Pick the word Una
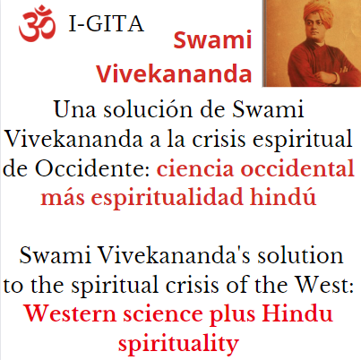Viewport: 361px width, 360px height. tap(73, 112)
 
